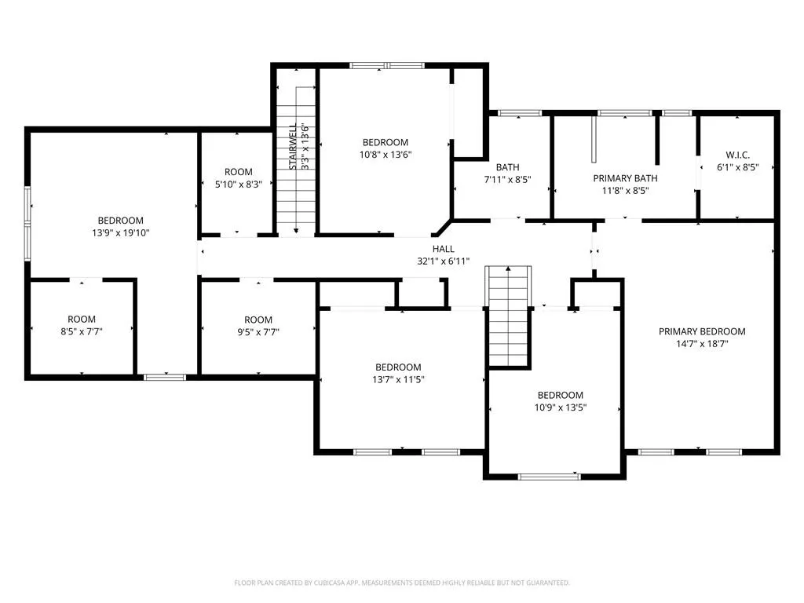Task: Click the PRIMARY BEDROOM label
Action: pos(702,332)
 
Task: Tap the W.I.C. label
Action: pos(737,155)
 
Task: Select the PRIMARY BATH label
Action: pos(625,178)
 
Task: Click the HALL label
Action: pos(443,249)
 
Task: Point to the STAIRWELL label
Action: pos(293,147)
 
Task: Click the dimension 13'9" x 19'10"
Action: pos(120,232)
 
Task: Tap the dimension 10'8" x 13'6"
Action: pos(386,155)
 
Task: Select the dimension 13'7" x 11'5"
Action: pos(398,380)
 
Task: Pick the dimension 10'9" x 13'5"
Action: pos(561,407)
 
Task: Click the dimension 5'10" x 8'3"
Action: pos(239,184)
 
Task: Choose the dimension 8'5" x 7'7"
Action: pos(82,332)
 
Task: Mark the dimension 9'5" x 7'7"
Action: pos(258,332)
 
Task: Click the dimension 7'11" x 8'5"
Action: pos(508,180)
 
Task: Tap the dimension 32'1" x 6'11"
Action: pos(443,261)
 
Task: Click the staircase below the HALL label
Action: pos(508,316)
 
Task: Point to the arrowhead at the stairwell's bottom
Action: pos(296,232)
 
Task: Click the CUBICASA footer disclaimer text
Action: pos(402,583)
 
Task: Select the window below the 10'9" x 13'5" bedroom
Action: pos(549,477)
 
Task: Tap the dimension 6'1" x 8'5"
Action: pos(737,167)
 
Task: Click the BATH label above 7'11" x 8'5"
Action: pos(508,167)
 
